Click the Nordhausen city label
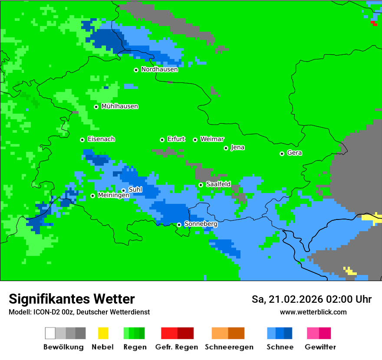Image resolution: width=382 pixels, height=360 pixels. click(x=159, y=69)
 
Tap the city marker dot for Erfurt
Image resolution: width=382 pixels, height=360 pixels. click(x=162, y=140)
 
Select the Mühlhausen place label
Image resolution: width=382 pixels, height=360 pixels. click(x=119, y=106)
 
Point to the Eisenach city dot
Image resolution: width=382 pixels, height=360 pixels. click(x=82, y=140)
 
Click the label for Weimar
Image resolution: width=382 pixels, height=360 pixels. click(x=212, y=139)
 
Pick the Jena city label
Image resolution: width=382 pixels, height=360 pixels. click(x=237, y=147)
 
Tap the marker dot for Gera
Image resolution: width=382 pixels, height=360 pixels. click(x=282, y=154)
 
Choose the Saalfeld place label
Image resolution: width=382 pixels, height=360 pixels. click(x=218, y=184)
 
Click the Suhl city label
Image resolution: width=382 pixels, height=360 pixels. click(x=135, y=190)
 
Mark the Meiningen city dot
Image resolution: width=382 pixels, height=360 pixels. click(x=92, y=196)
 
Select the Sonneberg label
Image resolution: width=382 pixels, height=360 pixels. click(x=201, y=224)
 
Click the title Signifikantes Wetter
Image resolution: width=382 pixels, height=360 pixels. click(x=72, y=299)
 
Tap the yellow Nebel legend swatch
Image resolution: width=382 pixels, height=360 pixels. click(x=103, y=333)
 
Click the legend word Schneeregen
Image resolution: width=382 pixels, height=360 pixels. click(x=229, y=347)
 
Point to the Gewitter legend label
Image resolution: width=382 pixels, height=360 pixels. click(x=320, y=347)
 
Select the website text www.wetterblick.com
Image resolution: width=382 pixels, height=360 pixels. click(x=313, y=312)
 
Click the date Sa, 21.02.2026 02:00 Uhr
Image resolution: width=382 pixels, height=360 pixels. click(x=311, y=299)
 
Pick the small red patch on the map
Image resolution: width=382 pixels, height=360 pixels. click(x=374, y=23)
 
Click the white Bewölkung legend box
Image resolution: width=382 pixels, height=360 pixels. click(x=50, y=333)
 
